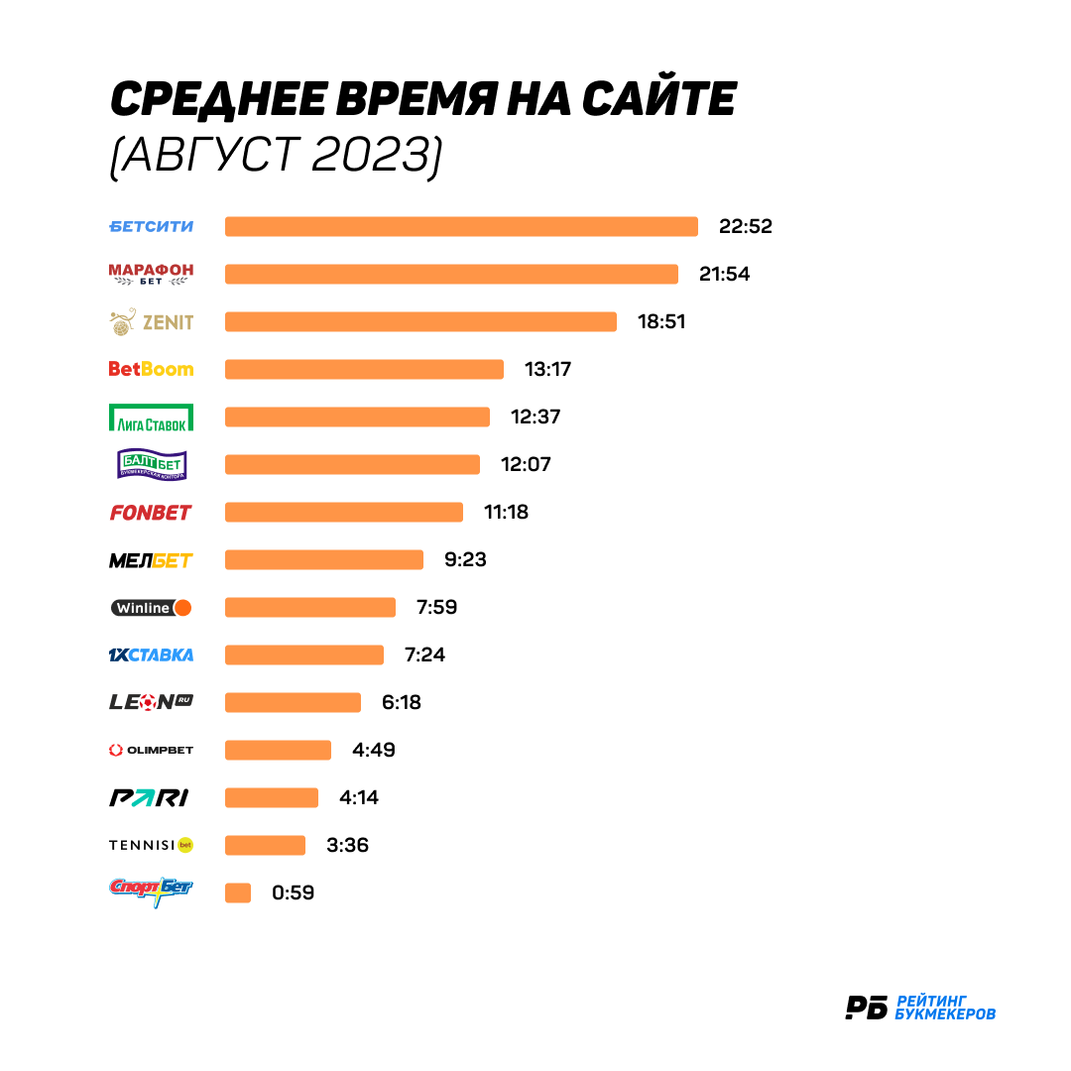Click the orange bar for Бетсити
point(462,227)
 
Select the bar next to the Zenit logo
point(420,321)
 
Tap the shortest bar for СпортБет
point(238,892)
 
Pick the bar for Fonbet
point(344,513)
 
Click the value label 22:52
point(745,227)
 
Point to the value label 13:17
point(547,370)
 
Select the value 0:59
point(293,892)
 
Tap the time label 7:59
point(437,607)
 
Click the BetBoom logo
point(151,370)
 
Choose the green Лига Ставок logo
point(151,417)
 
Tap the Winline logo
point(151,608)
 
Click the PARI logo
point(149,797)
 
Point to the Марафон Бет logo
point(151,274)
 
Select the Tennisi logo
point(151,846)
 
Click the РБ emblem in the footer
point(866,1008)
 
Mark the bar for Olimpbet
point(278,750)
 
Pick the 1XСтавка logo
point(151,655)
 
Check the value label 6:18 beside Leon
point(402,702)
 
